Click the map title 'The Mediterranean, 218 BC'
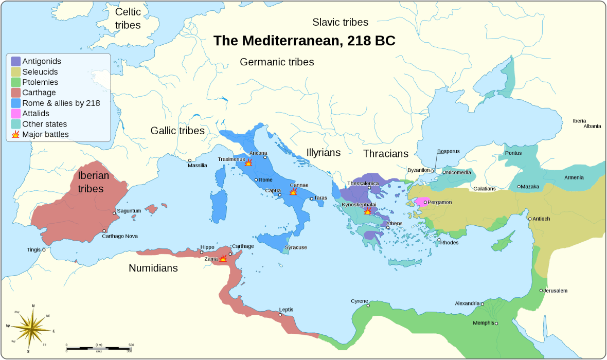(x=304, y=41)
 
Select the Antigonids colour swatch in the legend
(x=15, y=61)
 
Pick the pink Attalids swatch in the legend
(x=15, y=113)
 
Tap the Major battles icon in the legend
(x=15, y=134)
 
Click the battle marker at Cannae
(x=293, y=191)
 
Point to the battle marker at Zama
(x=223, y=258)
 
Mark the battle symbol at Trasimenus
(x=248, y=163)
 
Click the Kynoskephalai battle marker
(x=367, y=211)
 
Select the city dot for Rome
(x=256, y=179)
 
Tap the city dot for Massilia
(x=190, y=160)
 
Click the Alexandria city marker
(x=482, y=304)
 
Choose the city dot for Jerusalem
(x=541, y=291)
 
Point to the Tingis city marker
(x=44, y=250)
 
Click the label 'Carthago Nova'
(x=120, y=236)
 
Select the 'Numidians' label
(x=153, y=268)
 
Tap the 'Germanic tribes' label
(x=277, y=62)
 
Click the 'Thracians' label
(x=385, y=153)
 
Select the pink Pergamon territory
(x=422, y=202)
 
